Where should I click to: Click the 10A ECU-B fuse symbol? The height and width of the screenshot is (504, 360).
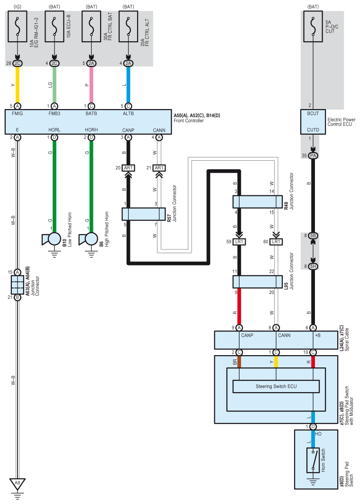(x=55, y=27)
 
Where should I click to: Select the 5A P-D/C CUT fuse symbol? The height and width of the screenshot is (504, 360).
(x=313, y=27)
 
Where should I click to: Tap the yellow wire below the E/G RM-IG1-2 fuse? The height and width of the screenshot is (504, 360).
(x=18, y=85)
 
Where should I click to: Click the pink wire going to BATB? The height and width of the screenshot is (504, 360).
(x=91, y=85)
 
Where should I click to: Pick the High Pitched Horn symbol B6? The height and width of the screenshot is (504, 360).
(x=88, y=239)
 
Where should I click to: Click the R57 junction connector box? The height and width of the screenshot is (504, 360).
(x=144, y=214)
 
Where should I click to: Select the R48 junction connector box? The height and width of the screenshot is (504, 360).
(x=258, y=202)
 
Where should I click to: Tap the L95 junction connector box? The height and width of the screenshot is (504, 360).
(x=258, y=282)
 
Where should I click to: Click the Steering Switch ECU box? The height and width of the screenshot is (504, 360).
(x=276, y=386)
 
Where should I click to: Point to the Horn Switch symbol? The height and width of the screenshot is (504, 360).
(x=313, y=460)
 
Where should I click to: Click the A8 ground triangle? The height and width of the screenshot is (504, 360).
(x=18, y=484)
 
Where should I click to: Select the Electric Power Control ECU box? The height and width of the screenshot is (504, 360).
(x=313, y=122)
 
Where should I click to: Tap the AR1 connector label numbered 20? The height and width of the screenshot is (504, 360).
(x=128, y=168)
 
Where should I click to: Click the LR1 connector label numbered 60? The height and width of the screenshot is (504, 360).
(x=276, y=242)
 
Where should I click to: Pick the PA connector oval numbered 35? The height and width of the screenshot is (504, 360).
(x=313, y=156)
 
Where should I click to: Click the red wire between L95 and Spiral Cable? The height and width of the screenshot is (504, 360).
(x=239, y=307)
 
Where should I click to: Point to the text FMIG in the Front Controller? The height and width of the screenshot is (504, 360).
(x=18, y=113)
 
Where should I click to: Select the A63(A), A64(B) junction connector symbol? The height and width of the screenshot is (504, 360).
(x=18, y=285)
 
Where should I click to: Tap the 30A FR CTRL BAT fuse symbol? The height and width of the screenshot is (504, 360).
(x=91, y=27)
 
